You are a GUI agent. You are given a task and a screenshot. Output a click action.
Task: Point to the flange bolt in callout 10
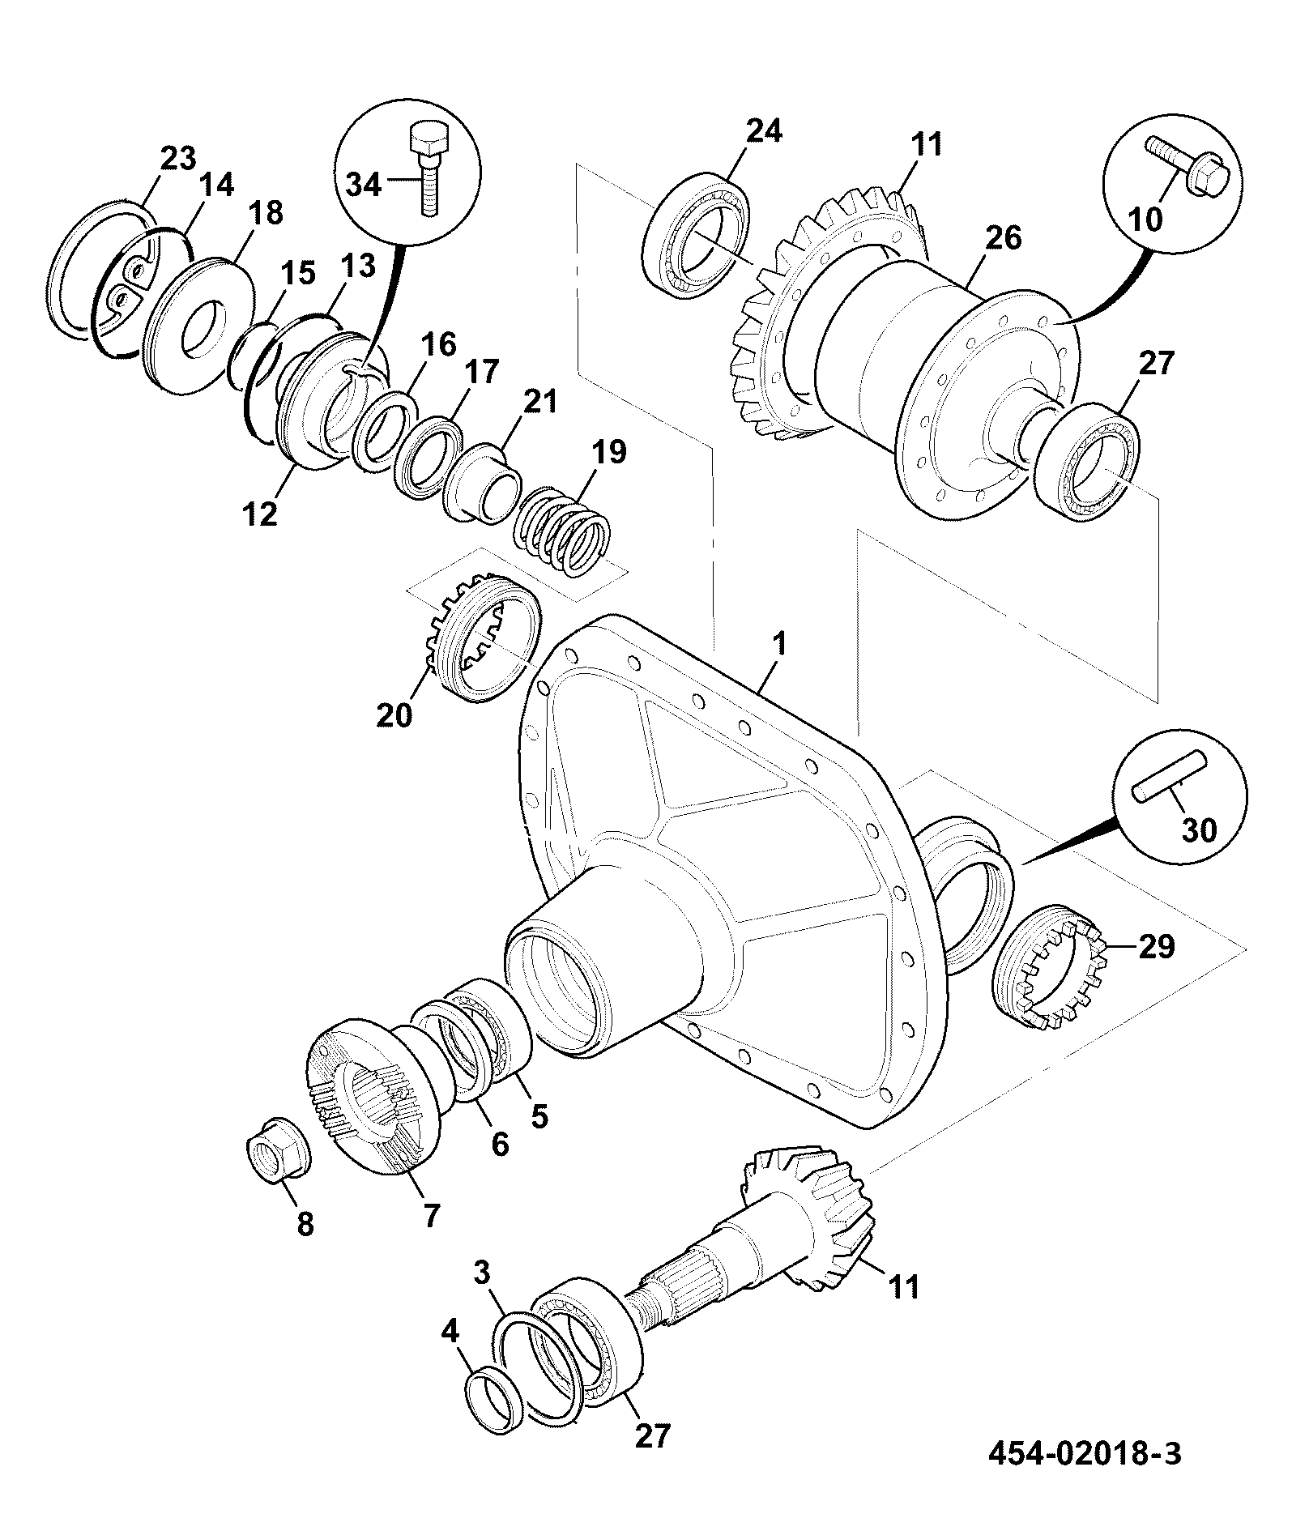click(x=1188, y=166)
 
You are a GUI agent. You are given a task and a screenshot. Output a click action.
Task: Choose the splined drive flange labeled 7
click(x=376, y=1095)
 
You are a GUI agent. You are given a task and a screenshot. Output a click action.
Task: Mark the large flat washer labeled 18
click(x=199, y=326)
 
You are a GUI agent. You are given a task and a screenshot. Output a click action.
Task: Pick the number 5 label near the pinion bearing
click(x=539, y=1116)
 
